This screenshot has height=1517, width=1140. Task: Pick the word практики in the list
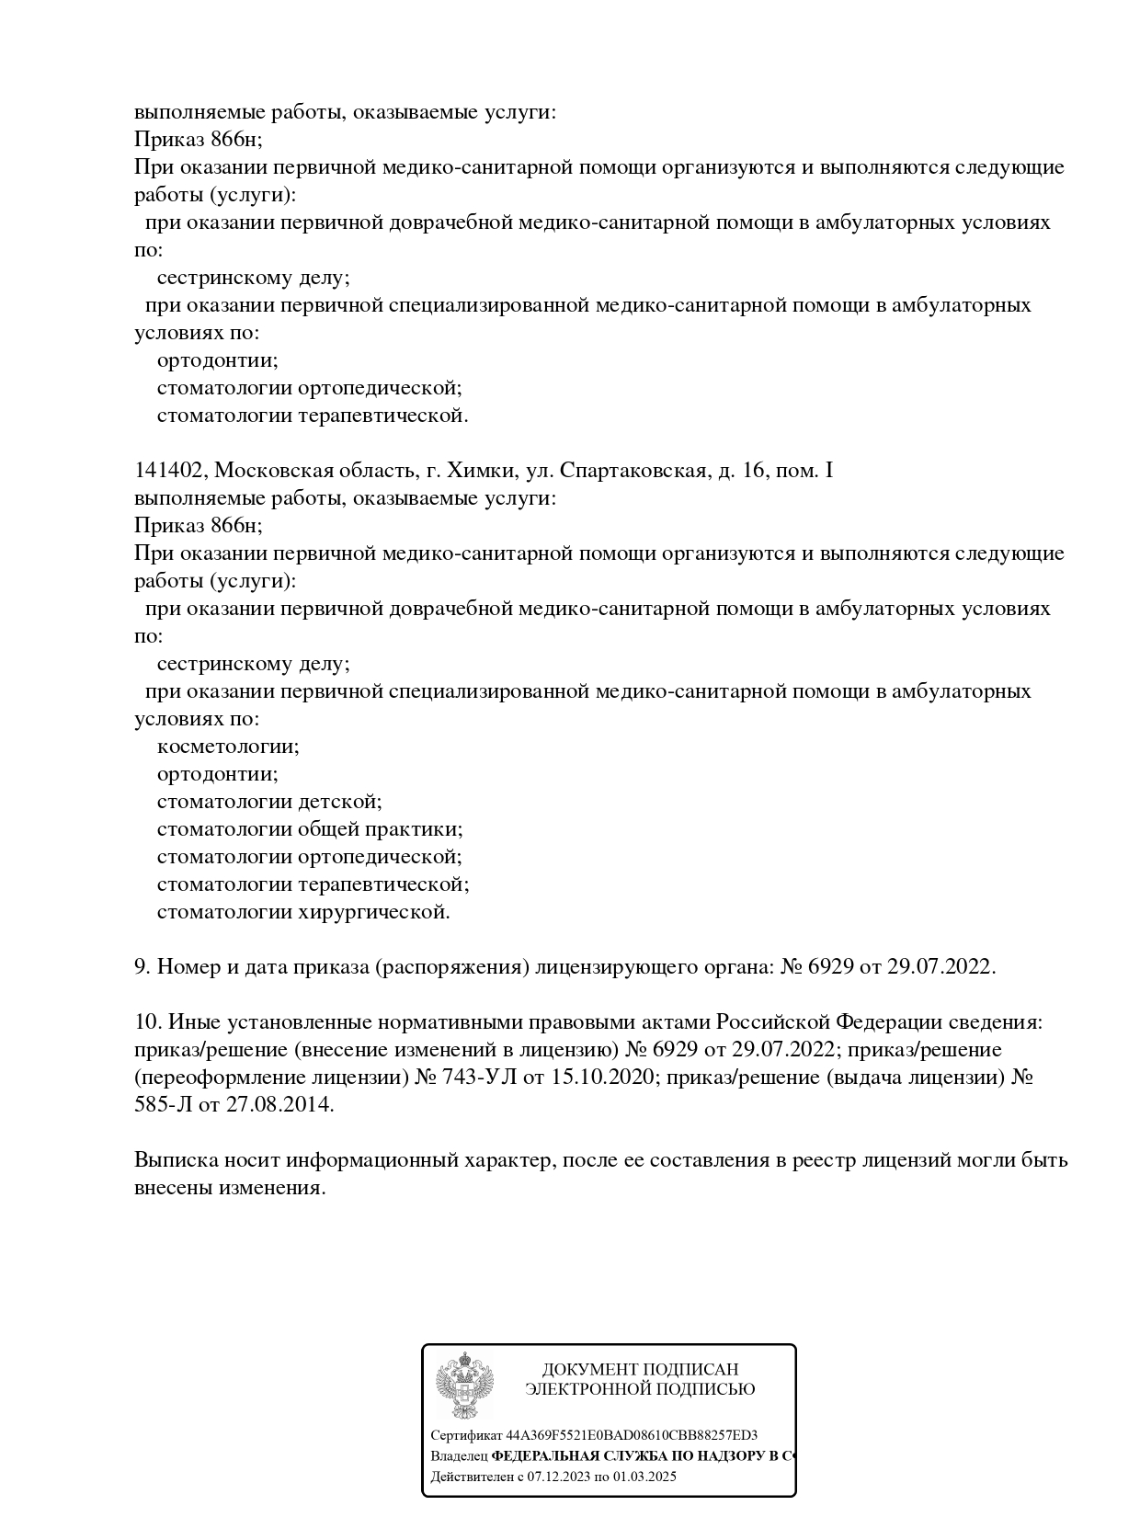click(x=413, y=829)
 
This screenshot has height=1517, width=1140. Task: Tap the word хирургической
click(x=374, y=912)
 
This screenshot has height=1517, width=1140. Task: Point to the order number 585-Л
click(x=163, y=1104)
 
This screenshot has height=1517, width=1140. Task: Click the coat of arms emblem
click(x=464, y=1385)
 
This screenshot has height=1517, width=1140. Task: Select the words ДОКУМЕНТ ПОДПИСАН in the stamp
click(x=640, y=1369)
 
